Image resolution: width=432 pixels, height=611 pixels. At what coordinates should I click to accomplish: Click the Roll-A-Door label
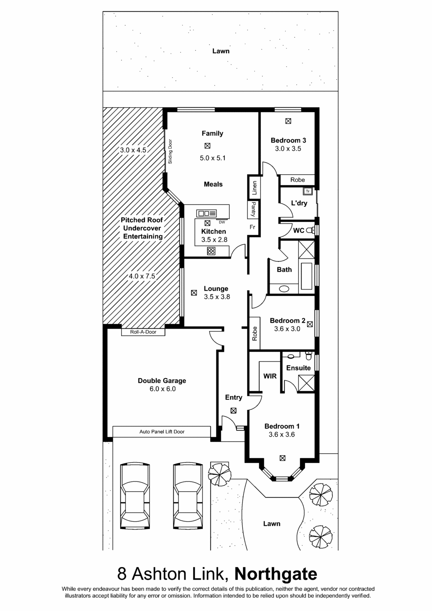(143, 332)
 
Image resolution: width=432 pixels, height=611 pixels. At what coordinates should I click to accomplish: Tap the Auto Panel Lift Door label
(162, 432)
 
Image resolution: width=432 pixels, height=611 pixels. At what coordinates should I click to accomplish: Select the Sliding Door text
(170, 151)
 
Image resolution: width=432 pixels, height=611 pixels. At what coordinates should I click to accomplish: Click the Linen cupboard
(254, 188)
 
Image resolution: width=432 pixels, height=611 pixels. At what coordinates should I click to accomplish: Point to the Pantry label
(254, 209)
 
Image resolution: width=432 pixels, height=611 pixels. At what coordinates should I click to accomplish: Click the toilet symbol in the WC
(310, 230)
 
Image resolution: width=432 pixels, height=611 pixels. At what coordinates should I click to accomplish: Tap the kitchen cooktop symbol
(211, 251)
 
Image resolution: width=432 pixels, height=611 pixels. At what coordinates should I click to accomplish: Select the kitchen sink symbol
(206, 213)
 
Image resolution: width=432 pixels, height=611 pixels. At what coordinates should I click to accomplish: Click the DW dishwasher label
(222, 222)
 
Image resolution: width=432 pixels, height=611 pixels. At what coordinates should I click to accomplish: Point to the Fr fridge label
(252, 227)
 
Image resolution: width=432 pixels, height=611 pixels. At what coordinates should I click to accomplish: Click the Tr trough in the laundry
(308, 191)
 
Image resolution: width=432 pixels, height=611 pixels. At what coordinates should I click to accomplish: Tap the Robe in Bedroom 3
(297, 180)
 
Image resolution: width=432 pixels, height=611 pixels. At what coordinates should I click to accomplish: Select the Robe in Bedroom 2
(254, 333)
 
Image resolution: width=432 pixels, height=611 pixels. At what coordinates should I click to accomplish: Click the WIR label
(270, 376)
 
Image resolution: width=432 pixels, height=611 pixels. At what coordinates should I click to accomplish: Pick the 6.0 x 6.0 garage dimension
(162, 389)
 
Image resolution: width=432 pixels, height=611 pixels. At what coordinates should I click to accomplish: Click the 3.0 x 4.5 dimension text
(133, 150)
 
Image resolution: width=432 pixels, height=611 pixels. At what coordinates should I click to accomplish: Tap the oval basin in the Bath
(284, 289)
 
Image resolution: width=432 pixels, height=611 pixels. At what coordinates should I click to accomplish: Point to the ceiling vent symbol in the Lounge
(194, 293)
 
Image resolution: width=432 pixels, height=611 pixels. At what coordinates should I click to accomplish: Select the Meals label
(213, 184)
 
